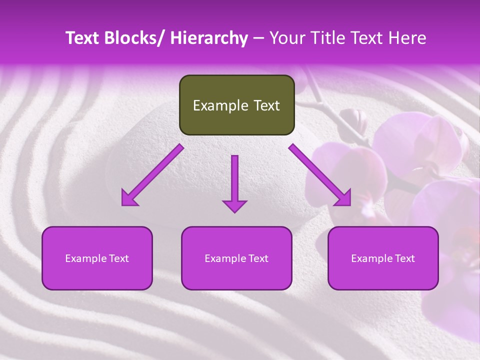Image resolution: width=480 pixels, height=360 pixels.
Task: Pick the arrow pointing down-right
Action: [320, 175]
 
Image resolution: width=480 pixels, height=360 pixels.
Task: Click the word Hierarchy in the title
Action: [209, 38]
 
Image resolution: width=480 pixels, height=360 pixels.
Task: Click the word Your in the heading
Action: [286, 38]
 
